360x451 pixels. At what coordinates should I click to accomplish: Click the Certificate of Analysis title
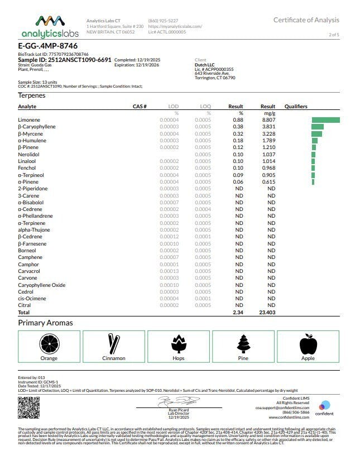306,20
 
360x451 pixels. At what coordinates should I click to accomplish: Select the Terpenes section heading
32,95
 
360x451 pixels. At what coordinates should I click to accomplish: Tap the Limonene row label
29,120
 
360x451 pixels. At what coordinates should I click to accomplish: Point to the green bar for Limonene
325,120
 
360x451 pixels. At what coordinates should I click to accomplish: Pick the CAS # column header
139,106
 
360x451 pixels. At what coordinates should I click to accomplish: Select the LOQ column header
205,106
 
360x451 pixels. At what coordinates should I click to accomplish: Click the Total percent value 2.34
238,313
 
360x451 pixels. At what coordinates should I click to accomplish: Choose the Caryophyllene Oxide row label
41,285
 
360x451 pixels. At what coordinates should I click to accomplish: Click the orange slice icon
49,342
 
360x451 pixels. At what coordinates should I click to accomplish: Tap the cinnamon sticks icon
114,342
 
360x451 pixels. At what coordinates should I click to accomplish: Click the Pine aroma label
243,358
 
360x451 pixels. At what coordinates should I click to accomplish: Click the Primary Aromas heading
45,323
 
